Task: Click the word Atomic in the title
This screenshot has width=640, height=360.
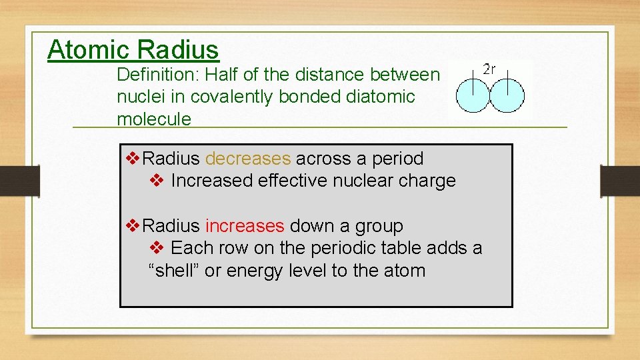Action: click(x=89, y=50)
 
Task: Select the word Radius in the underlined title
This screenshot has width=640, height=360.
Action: click(x=178, y=50)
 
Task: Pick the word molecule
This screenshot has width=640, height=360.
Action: click(x=153, y=119)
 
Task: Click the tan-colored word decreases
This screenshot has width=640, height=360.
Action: click(x=248, y=159)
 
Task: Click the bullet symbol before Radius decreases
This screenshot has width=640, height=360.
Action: click(x=133, y=159)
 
